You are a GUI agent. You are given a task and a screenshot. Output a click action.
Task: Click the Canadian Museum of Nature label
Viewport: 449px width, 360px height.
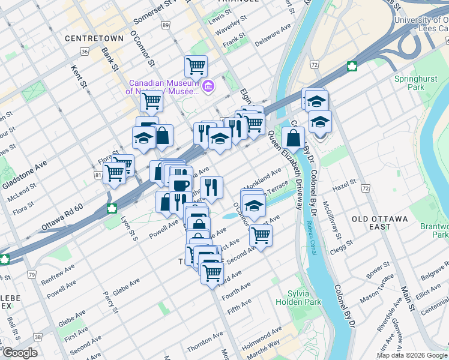tap(163, 87)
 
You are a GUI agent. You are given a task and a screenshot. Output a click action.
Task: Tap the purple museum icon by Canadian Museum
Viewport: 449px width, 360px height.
tap(208, 86)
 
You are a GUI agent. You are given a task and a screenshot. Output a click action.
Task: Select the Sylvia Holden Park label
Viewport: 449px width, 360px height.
tap(294, 297)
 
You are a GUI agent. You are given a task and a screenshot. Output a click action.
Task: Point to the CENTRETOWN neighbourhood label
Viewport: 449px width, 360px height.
tap(90, 38)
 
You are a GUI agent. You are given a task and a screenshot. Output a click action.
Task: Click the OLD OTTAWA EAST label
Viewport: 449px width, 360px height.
tap(380, 223)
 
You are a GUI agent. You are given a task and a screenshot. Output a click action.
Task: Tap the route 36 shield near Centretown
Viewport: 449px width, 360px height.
tap(85, 52)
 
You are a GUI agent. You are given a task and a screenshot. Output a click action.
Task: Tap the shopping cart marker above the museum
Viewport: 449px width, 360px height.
tap(196, 66)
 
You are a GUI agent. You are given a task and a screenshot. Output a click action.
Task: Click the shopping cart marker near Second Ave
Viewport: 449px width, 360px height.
tap(261, 235)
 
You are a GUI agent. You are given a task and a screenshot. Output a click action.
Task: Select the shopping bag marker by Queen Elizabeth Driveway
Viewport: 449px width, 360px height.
tap(293, 138)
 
